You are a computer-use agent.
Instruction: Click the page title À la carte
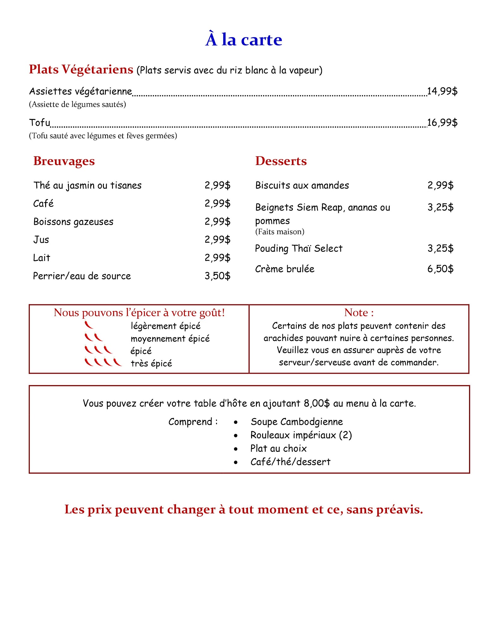pos(244,40)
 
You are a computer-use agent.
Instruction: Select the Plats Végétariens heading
pos(81,69)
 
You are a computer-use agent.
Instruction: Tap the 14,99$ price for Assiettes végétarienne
pos(442,91)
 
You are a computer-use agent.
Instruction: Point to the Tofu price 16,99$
pos(442,122)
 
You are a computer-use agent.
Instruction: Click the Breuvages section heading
pos(64,161)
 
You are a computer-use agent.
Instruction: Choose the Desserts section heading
pos(281,161)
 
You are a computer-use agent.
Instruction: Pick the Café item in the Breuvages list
pos(43,203)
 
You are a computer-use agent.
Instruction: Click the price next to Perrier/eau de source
pos(217,276)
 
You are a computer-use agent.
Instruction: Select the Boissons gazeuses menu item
pos(73,222)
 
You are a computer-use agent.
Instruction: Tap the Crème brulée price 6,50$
pos(440,269)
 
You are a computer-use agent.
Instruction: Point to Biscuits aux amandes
pos(302,185)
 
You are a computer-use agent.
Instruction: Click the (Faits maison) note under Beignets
pos(280,232)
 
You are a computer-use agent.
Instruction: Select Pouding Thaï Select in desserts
pos(298,249)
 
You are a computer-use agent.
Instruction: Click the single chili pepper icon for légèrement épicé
pos(89,325)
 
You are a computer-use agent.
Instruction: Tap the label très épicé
pos(151,363)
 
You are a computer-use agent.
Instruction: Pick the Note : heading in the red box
pos(359,312)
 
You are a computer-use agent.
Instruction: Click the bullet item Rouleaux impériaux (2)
pos(301,435)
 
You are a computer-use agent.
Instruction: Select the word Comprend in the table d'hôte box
pos(190,422)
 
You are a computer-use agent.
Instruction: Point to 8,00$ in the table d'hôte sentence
pos(316,403)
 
